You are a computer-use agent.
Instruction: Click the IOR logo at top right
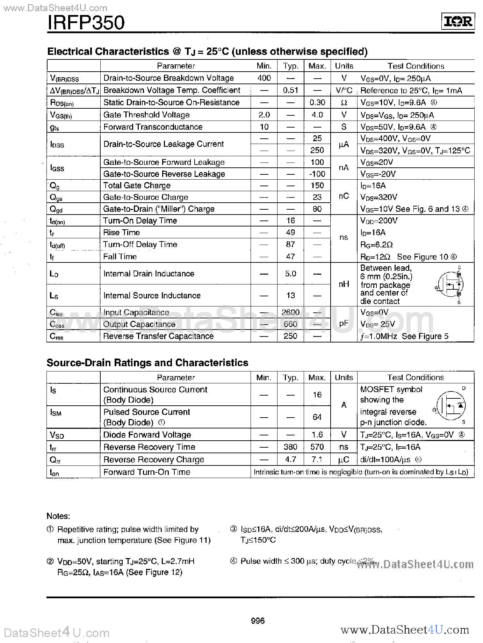pos(458,22)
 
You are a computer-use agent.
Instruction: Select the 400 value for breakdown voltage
pos(264,78)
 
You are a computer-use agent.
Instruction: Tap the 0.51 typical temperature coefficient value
pos(290,90)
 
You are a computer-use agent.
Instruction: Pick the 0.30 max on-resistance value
pos(317,102)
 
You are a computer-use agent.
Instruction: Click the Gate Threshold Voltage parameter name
pos(146,115)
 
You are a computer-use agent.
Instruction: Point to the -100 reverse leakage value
pos(317,174)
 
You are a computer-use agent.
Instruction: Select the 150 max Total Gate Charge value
pos(317,186)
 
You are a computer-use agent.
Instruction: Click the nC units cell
pos(344,196)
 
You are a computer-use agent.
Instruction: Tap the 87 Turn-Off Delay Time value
pos(290,244)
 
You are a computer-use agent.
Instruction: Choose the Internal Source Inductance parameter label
pos(152,295)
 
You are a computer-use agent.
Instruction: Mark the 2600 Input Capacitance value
pos(290,312)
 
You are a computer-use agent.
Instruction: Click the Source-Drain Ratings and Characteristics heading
pos(147,363)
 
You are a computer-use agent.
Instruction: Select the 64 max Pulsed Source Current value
pos(317,417)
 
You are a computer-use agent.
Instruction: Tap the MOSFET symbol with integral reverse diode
pos(451,406)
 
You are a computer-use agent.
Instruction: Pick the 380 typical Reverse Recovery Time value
pos(290,447)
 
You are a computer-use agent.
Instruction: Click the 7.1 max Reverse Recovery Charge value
pos(317,460)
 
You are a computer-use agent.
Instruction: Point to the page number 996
pos(258,621)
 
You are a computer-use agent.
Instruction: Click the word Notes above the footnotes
pos(58,516)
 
